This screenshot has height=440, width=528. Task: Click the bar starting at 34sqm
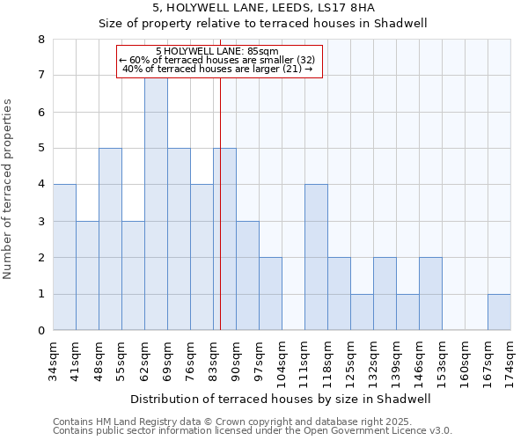coord(64,257)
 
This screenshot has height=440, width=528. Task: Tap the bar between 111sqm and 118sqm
coord(316,257)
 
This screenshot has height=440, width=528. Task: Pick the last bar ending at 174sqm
coord(499,312)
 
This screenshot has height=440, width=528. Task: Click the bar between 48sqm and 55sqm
coord(110,239)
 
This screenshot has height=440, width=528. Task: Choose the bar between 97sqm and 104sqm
coord(270,294)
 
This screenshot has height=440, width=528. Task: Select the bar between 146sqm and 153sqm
coord(430,294)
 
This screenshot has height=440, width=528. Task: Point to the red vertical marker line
coord(220,220)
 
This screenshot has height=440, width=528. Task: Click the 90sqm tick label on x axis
coord(236,356)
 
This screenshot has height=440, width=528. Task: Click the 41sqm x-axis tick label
coord(76,356)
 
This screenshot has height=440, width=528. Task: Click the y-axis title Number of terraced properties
coord(9,189)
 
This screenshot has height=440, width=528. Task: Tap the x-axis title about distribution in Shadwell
coord(282,399)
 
